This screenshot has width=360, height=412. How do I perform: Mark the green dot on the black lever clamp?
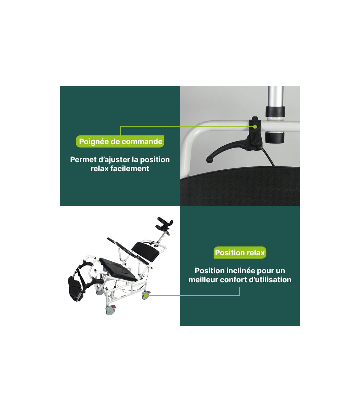pyautogui.click(x=255, y=127)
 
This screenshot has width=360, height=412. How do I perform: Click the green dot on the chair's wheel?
pyautogui.click(x=146, y=295)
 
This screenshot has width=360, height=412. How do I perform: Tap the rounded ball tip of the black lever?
pyautogui.click(x=209, y=160)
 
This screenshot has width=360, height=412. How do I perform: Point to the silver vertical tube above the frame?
pyautogui.click(x=275, y=96)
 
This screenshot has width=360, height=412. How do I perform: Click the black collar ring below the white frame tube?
pyautogui.click(x=274, y=138)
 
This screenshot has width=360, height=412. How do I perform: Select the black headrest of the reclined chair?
pyautogui.click(x=165, y=223)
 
